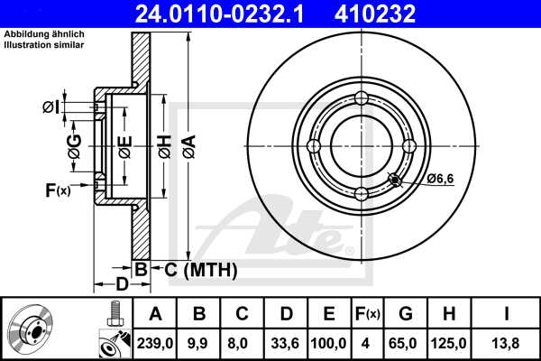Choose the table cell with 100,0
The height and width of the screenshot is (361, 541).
click(x=329, y=343)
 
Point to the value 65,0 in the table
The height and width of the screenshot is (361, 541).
click(x=406, y=343)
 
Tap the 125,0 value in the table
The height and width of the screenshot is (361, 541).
click(x=452, y=343)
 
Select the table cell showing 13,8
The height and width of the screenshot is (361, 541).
click(x=508, y=343)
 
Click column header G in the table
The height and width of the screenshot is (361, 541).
click(x=406, y=314)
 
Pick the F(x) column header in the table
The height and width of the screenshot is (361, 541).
click(x=367, y=314)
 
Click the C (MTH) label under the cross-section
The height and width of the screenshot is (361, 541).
click(x=195, y=269)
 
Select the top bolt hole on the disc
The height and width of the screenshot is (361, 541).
click(x=362, y=98)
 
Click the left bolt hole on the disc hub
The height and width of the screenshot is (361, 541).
click(x=314, y=146)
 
